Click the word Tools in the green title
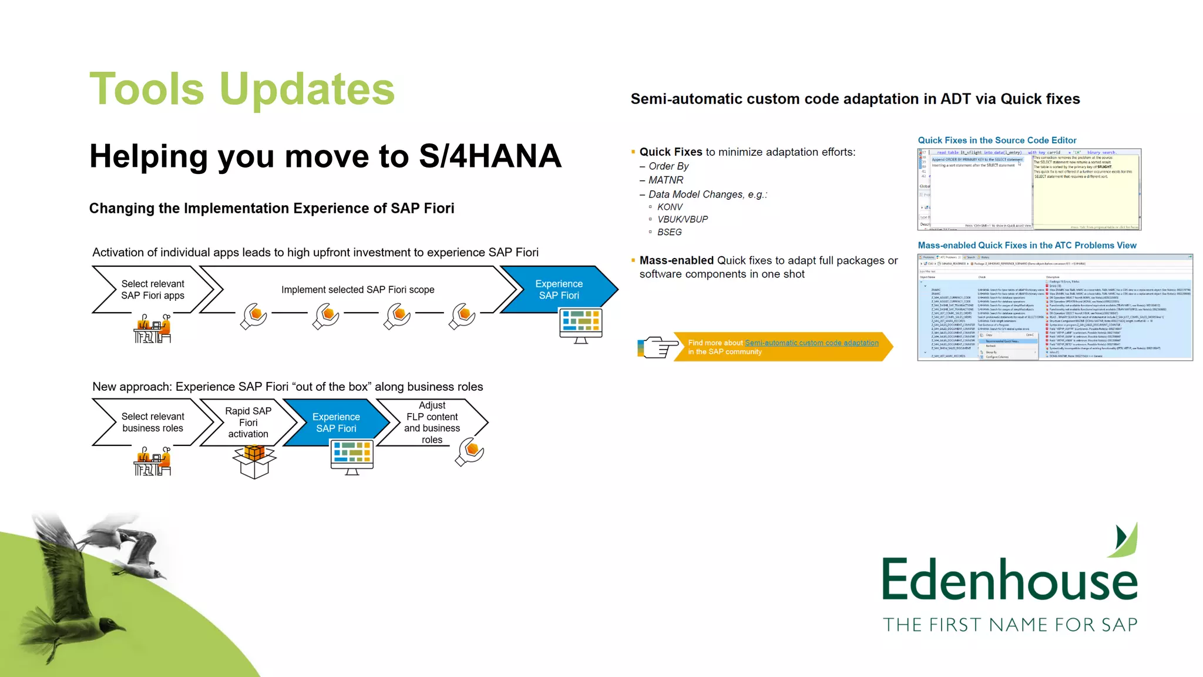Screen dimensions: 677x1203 pos(147,89)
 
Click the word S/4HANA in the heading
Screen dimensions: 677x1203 pos(490,156)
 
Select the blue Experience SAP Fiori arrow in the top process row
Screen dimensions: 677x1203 pos(559,290)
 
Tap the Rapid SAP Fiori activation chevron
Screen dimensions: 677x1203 pos(248,423)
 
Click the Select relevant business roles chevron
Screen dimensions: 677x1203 pos(153,423)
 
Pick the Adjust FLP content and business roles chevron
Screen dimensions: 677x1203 pos(432,423)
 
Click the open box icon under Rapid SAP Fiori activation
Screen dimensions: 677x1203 pos(254,461)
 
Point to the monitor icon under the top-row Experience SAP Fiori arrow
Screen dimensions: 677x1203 pos(580,325)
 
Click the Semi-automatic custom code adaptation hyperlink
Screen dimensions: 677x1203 pos(811,343)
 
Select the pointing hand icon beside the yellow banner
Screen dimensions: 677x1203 pos(656,347)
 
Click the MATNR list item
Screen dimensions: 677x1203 pos(666,180)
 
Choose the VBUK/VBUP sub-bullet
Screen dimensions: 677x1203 pos(683,219)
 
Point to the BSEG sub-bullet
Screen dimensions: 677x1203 pos(670,232)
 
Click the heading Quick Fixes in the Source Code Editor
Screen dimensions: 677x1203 pos(997,140)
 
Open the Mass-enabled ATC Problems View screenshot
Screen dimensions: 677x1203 pos(1054,307)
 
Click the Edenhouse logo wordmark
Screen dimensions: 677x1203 pos(1009,580)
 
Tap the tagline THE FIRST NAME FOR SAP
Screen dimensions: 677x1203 pos(1010,625)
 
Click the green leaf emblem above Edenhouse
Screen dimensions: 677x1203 pos(1124,539)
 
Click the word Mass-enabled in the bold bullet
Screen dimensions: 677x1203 pos(676,260)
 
